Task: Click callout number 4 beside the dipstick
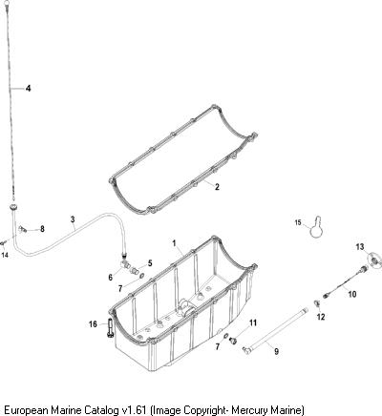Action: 29,88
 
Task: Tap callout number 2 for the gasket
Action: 217,187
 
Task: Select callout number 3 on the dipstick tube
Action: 73,219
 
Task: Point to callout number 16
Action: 93,324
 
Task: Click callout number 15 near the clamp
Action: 298,222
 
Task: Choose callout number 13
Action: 360,247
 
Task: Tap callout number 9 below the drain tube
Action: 276,351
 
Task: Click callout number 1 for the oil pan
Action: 174,243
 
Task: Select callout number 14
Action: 5,255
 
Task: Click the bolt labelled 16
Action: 110,327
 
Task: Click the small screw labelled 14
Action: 3,243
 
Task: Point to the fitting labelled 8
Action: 23,228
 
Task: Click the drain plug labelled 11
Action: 232,341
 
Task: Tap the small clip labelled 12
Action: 317,302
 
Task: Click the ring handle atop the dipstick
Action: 7,4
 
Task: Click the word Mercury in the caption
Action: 249,409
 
